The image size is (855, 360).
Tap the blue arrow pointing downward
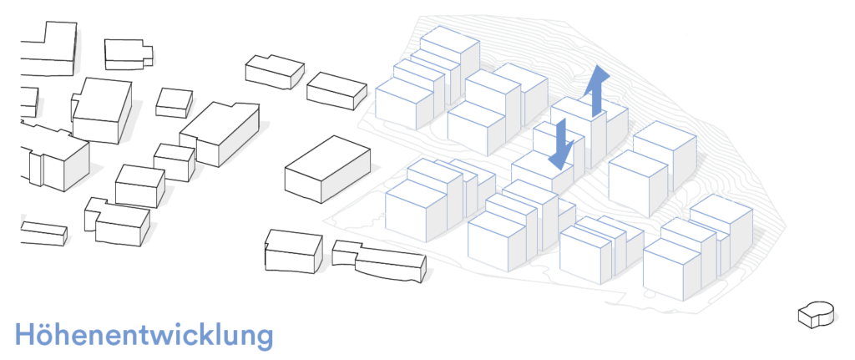pos(561,144)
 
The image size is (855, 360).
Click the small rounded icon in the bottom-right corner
pos(817,315)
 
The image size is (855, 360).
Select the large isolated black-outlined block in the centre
pos(327,169)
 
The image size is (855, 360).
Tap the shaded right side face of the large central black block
pos(346,175)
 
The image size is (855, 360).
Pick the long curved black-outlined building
pos(379,261)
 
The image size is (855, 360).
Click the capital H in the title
pos(25,334)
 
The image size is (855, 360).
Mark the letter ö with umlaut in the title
pos(48,336)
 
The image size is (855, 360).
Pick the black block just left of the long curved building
pos(293,251)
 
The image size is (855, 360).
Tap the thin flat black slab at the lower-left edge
pos(43,233)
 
